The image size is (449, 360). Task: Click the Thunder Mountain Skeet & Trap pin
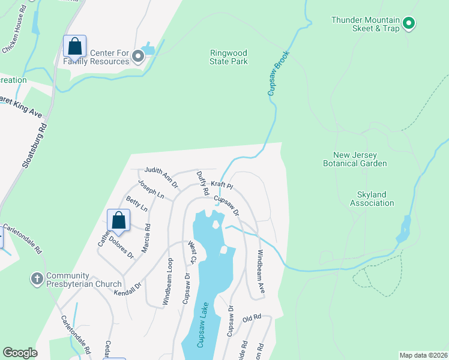(x=409, y=23)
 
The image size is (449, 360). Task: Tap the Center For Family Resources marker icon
(x=138, y=57)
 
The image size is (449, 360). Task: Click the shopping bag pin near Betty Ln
(x=119, y=220)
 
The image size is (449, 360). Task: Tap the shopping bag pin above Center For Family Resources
(x=74, y=46)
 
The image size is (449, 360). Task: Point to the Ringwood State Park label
(x=229, y=57)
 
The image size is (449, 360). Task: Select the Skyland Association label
(x=372, y=199)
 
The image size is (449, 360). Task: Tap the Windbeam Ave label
(x=261, y=271)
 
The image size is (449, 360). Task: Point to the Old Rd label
(x=252, y=317)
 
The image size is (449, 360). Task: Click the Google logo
(x=20, y=353)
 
